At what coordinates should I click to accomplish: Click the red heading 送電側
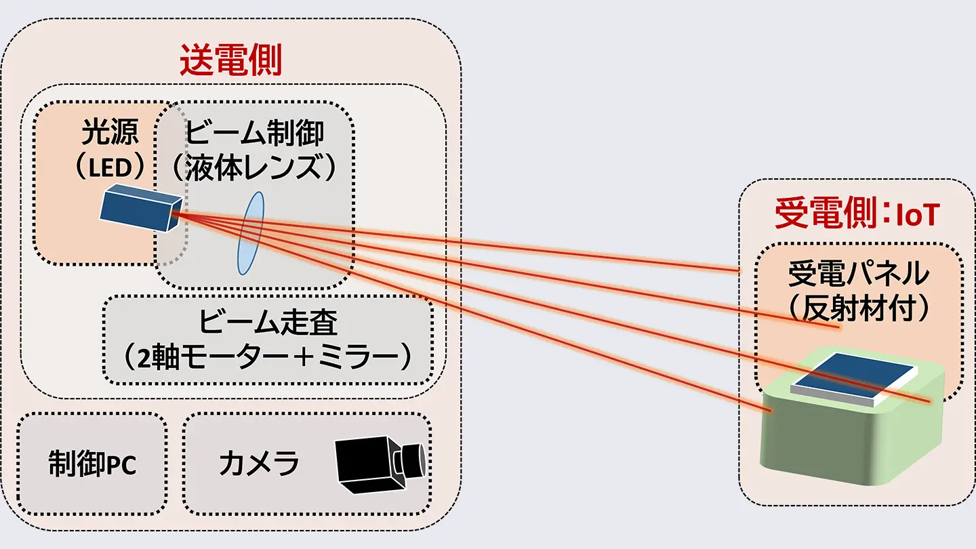(230, 62)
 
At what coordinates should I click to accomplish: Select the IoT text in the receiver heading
(917, 216)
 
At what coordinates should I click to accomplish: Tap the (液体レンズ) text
(254, 167)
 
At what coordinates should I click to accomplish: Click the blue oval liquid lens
(249, 232)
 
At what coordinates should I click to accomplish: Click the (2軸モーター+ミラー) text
(268, 357)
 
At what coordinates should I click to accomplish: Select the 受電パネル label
(858, 274)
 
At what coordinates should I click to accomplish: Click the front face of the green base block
(827, 441)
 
